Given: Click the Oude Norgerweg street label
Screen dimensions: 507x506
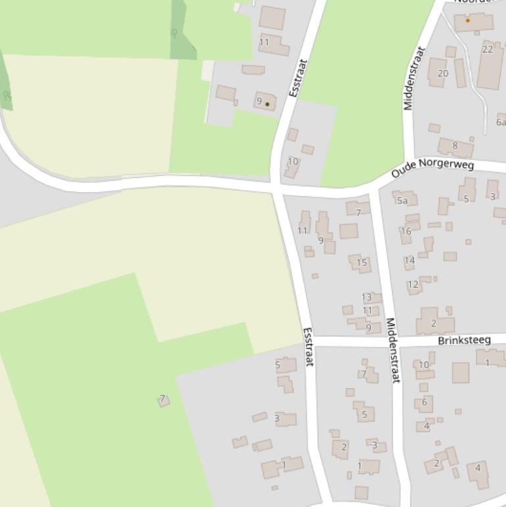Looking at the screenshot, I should click(432, 168).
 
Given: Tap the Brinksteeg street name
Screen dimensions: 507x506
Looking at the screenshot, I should click(464, 340).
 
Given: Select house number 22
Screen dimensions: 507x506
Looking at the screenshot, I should click(488, 49).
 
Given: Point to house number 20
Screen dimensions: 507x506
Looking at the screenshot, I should click(443, 73).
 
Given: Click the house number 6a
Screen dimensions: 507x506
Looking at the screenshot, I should click(501, 122).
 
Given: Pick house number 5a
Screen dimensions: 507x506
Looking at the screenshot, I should click(403, 200).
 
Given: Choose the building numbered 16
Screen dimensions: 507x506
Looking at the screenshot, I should click(406, 231).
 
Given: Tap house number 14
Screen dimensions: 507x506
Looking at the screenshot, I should click(409, 260).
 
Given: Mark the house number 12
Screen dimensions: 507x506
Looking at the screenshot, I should click(413, 285).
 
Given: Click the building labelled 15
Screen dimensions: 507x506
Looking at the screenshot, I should click(361, 263).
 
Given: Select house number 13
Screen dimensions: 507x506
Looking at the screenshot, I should click(367, 297).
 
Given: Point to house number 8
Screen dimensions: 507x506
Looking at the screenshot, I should click(455, 146).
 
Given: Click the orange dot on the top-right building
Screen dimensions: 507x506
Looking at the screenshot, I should click(468, 20).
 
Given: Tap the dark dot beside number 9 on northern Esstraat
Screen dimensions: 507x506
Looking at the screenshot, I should click(267, 104).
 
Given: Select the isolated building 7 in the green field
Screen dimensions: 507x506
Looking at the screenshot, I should click(163, 400).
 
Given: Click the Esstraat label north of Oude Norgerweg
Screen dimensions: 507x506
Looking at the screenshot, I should click(298, 78).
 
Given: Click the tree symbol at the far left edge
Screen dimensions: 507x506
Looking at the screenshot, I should click(7, 96).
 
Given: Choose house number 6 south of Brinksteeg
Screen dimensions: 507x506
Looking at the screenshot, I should click(424, 402).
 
